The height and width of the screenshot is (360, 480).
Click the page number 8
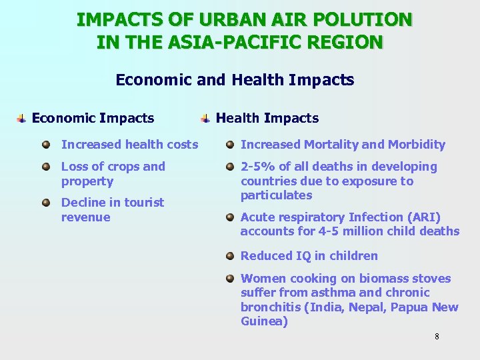pos(437,336)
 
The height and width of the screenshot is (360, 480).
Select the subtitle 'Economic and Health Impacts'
pos(235,81)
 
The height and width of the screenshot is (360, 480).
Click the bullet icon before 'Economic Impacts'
pos(22,119)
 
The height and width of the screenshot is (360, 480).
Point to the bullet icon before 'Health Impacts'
pos(206,119)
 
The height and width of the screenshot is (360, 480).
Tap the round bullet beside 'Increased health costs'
pos(46,145)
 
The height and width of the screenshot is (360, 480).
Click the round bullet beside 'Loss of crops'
pos(46,167)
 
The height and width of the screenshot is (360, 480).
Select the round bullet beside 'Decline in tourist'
pos(46,202)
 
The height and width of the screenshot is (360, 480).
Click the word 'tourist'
pos(141,203)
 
